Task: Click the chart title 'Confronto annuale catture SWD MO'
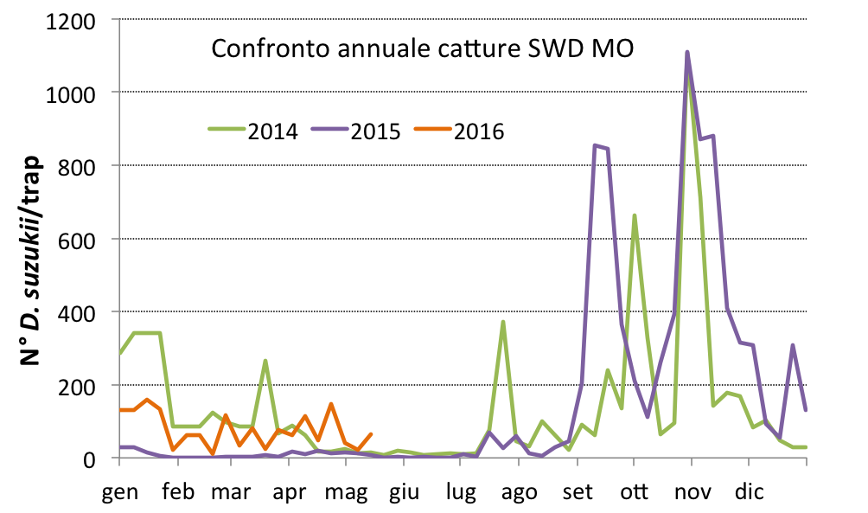[x=423, y=49]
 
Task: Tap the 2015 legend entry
[x=376, y=131]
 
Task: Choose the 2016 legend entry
[x=479, y=131]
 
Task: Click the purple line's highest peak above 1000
[x=687, y=52]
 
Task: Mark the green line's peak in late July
[x=502, y=322]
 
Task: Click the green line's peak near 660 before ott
[x=635, y=215]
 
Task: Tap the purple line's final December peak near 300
[x=793, y=345]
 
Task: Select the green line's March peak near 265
[x=265, y=361]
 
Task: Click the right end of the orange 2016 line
[x=371, y=434]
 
